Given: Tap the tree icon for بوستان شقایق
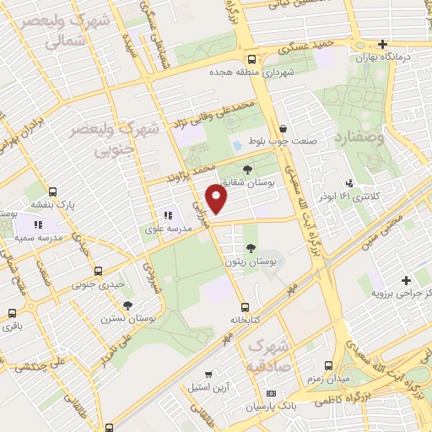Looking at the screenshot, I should (246, 170).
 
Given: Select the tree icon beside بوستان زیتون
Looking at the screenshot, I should (251, 247).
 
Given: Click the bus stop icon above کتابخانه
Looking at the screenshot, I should (245, 307).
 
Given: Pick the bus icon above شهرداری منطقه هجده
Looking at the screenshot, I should (252, 59).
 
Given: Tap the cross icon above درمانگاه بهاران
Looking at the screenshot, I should (382, 44).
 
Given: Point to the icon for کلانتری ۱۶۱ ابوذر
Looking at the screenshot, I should (349, 183).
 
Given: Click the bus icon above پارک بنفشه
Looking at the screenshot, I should (53, 192).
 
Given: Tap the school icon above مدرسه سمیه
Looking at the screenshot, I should (37, 224).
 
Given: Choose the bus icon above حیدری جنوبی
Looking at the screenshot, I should (99, 272).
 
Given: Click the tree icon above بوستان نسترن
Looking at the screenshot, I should (127, 305).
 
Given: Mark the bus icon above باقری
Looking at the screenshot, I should (11, 312).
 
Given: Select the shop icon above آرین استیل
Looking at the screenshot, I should (208, 373).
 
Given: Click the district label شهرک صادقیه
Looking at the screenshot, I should (270, 357).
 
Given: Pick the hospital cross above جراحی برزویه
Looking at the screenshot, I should (407, 280).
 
